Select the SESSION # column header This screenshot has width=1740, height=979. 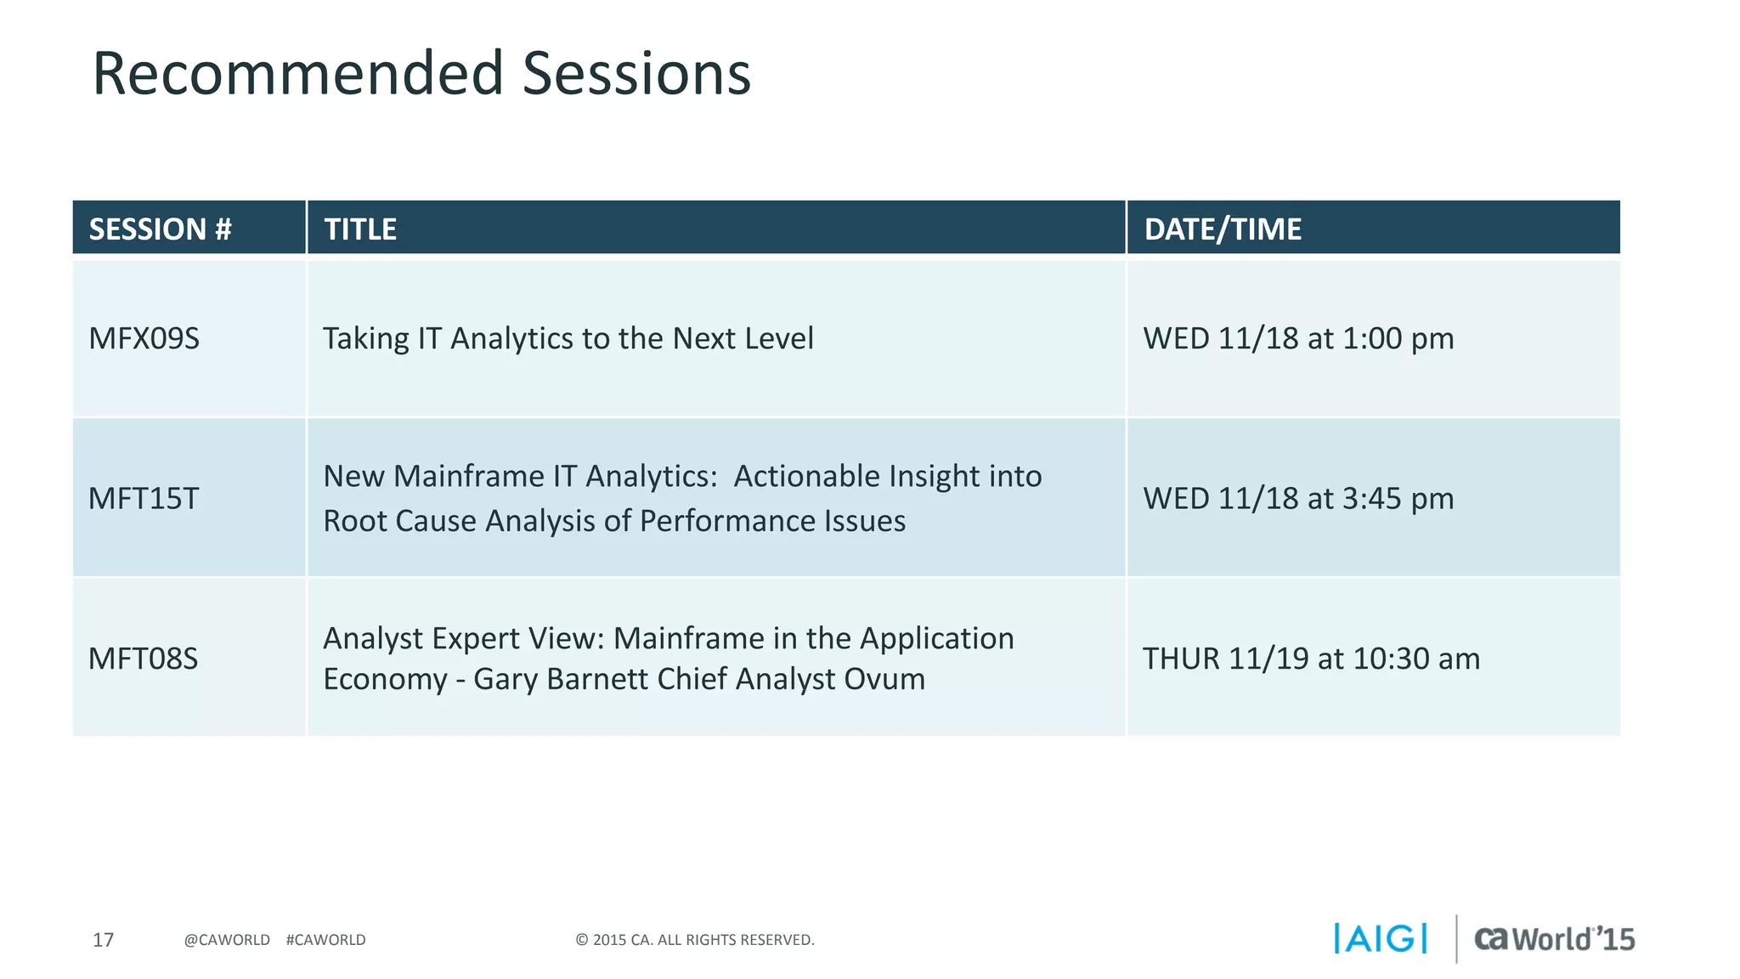click(160, 229)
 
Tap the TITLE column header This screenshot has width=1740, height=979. click(360, 229)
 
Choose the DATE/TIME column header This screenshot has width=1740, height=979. click(1222, 229)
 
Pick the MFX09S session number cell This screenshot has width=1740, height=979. click(144, 339)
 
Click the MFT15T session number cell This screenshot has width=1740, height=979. click(144, 499)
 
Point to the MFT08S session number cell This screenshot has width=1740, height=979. click(143, 659)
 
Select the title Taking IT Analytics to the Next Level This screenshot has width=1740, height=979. click(568, 339)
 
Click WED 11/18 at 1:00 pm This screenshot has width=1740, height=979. click(1297, 339)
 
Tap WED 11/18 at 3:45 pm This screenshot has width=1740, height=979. click(1297, 499)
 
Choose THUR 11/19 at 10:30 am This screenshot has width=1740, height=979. click(1310, 659)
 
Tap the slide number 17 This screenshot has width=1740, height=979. click(103, 940)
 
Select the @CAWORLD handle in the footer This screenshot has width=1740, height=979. click(227, 940)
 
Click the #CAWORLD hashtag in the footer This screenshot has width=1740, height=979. click(325, 940)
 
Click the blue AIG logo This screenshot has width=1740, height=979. click(1380, 939)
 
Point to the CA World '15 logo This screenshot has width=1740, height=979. click(1553, 939)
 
